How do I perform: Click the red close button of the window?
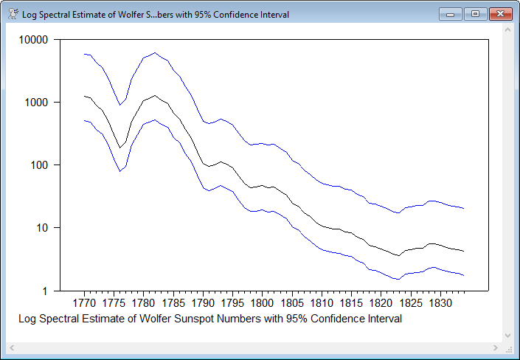point(500,14)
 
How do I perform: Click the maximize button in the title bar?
point(476,14)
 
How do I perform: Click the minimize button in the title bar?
point(451,14)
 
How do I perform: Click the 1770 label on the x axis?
point(84,303)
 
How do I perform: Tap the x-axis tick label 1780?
point(143,303)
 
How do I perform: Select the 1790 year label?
point(202,303)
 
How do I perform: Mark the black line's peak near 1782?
point(155,95)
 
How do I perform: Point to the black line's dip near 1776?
point(119,148)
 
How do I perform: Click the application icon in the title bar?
point(13,14)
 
